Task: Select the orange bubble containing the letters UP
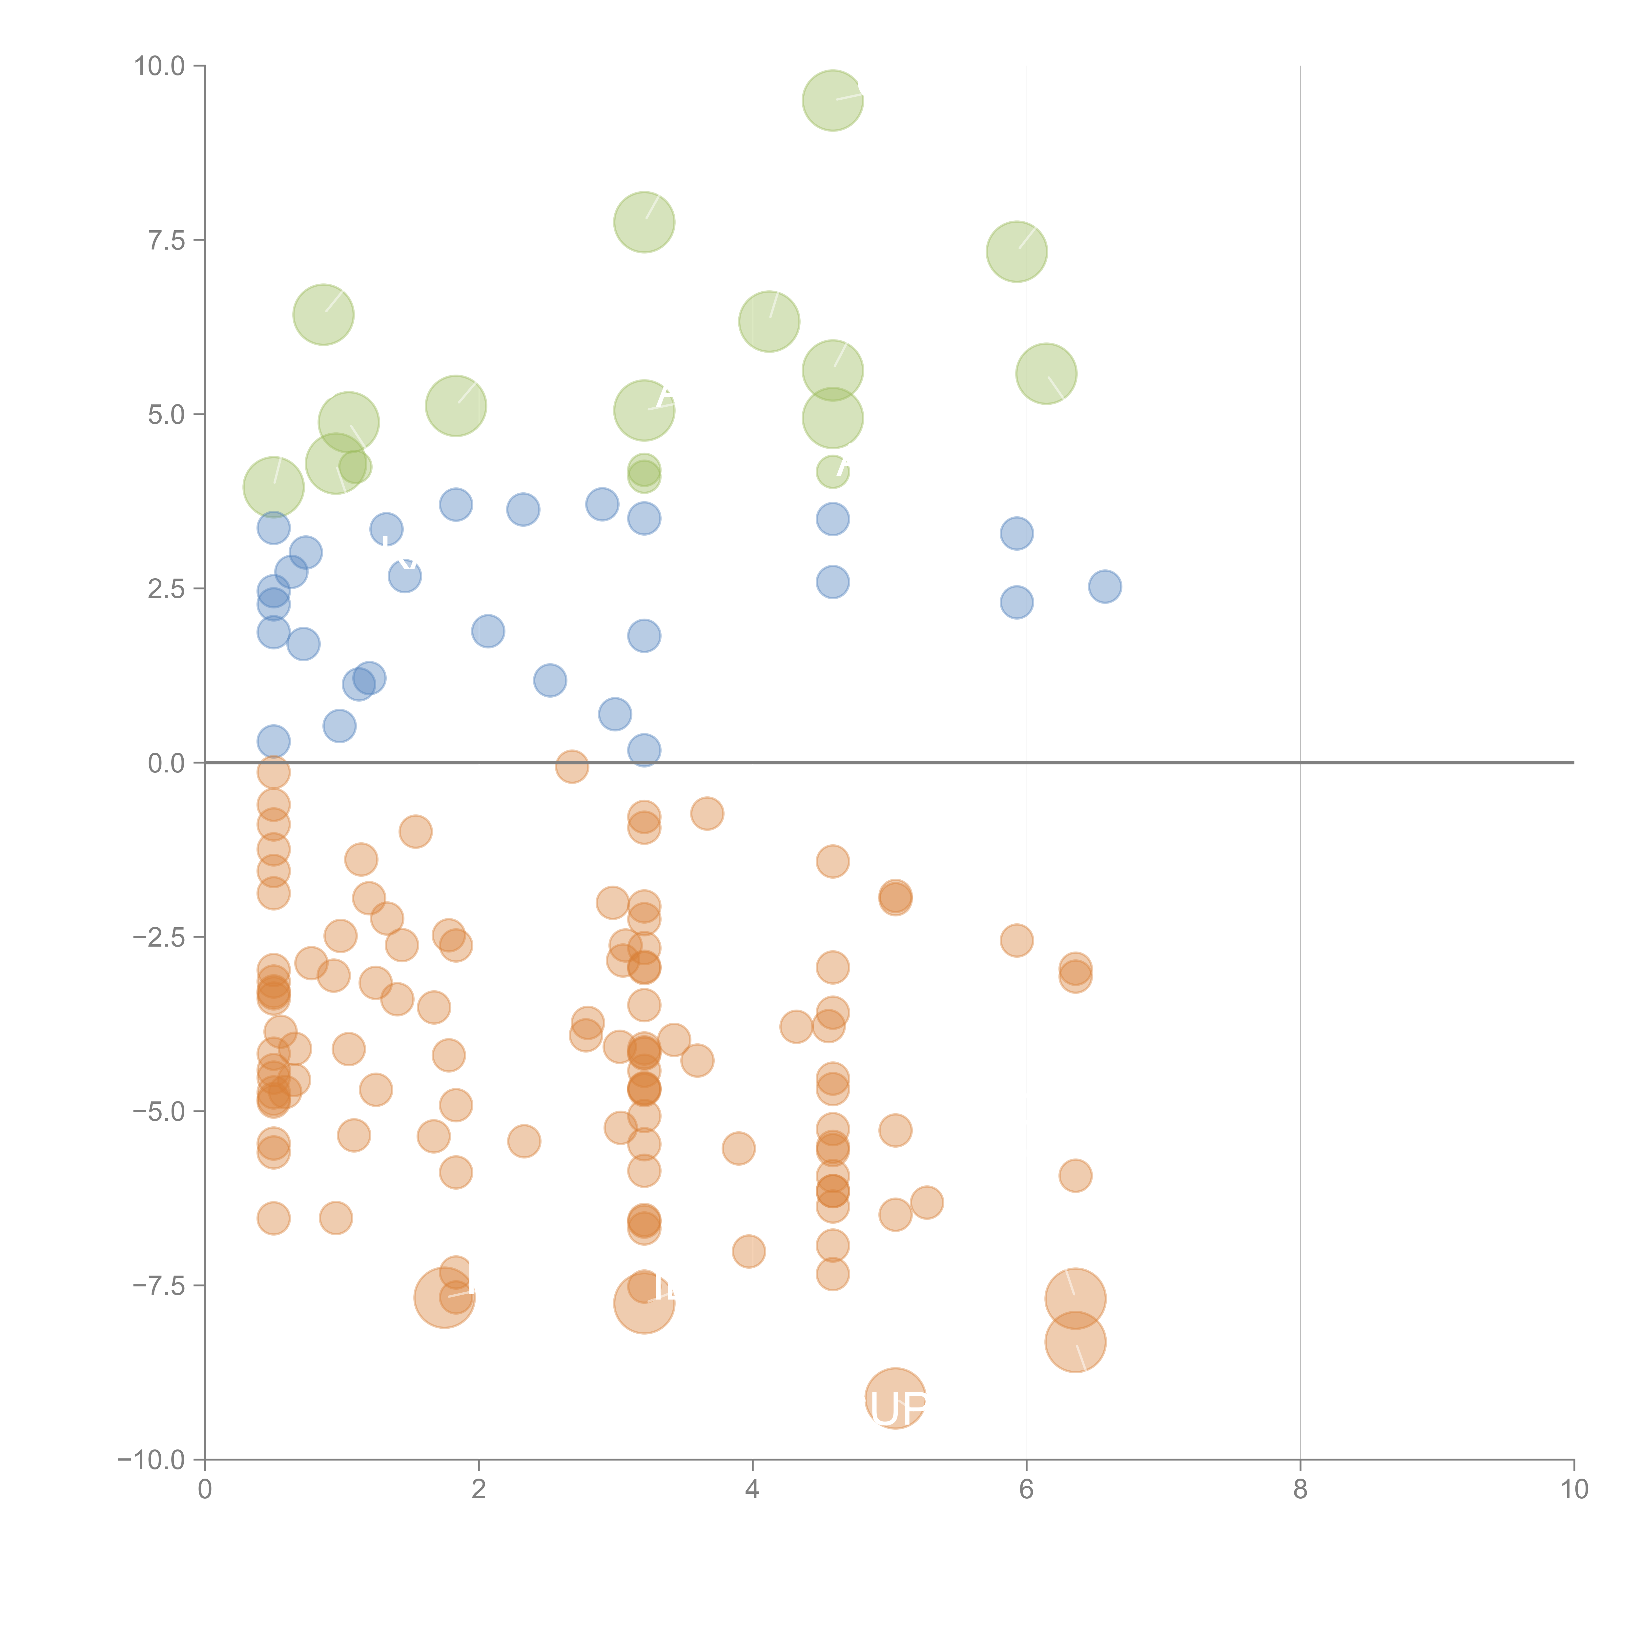pyautogui.click(x=895, y=1398)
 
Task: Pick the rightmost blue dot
pyautogui.click(x=1104, y=586)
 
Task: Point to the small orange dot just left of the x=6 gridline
pyautogui.click(x=1016, y=940)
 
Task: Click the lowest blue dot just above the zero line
pyautogui.click(x=644, y=749)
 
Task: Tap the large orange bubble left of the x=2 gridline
pyautogui.click(x=444, y=1297)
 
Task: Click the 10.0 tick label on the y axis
pyautogui.click(x=160, y=66)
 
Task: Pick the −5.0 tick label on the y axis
pyautogui.click(x=160, y=1111)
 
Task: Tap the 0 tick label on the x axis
pyautogui.click(x=205, y=1490)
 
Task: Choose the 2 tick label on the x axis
pyautogui.click(x=479, y=1490)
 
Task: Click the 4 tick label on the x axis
pyautogui.click(x=752, y=1490)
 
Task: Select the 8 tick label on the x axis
pyautogui.click(x=1301, y=1490)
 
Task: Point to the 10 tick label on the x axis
pyautogui.click(x=1574, y=1490)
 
